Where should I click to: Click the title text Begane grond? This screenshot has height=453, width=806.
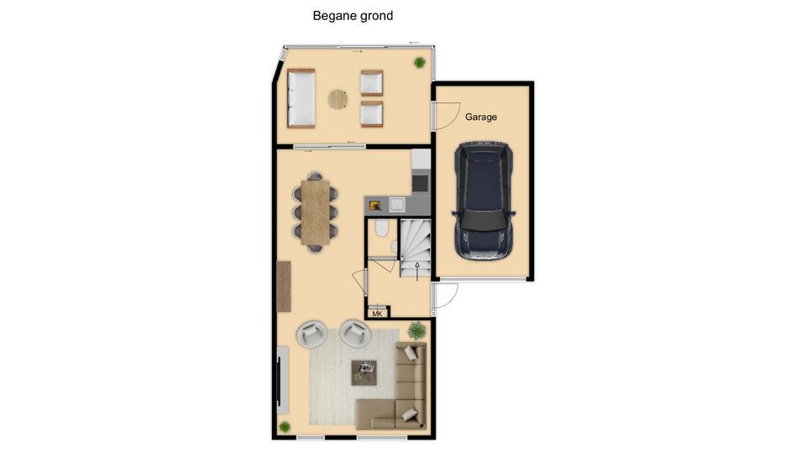tap(353, 16)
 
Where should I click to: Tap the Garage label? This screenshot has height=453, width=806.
tap(480, 117)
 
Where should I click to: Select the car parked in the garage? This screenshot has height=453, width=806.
tap(484, 200)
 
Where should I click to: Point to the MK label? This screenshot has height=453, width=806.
tap(377, 314)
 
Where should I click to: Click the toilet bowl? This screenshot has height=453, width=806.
tap(381, 228)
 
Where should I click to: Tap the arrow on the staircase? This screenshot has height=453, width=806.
tap(417, 272)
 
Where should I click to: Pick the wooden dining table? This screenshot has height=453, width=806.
tap(315, 212)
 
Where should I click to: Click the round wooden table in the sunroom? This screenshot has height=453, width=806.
tap(338, 99)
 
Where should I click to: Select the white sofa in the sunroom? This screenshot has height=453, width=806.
tap(301, 98)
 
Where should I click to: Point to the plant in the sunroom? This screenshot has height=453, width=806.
tap(420, 63)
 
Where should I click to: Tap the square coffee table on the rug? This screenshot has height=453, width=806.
tap(364, 372)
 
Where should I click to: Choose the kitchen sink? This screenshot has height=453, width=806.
tap(397, 205)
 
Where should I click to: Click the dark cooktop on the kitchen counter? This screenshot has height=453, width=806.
tap(420, 183)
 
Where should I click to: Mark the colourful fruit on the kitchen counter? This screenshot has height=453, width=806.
tap(374, 206)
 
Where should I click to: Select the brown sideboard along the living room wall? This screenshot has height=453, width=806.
tap(284, 286)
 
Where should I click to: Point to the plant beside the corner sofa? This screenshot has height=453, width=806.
tap(417, 331)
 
